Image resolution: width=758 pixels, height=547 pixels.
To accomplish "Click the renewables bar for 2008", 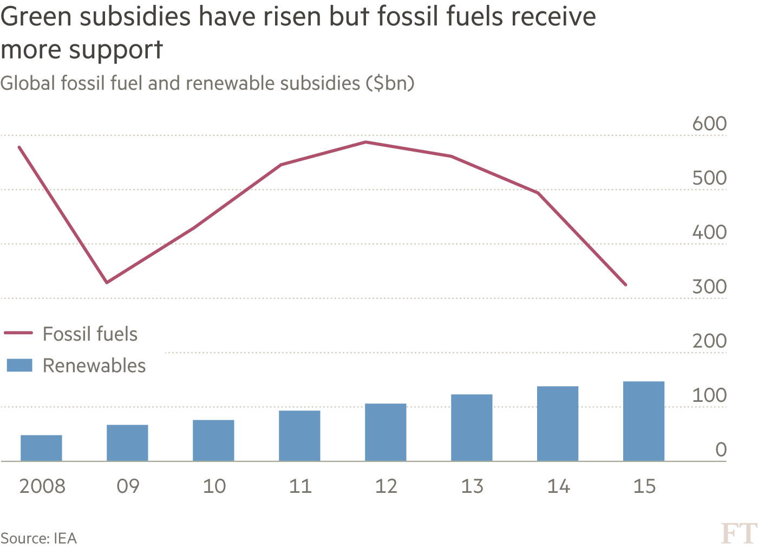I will coord(41,448).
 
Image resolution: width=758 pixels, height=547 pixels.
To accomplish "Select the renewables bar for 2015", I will coord(644,421).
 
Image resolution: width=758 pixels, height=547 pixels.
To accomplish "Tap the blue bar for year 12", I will coord(385,432).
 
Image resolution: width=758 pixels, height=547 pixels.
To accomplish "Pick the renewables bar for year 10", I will coord(213,440).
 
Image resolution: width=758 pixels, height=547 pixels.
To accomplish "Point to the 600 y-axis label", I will coord(709,123).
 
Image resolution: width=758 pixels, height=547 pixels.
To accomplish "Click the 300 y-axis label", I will coord(709,286).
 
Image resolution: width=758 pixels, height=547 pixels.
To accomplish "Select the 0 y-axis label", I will coord(721,450).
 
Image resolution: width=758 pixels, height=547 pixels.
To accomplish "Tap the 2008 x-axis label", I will coord(42,486).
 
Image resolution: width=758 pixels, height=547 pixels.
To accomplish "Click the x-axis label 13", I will coord(472,486).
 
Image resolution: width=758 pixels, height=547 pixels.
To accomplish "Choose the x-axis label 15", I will coord(644,486).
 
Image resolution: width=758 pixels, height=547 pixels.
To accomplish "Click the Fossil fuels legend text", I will coord(90,334).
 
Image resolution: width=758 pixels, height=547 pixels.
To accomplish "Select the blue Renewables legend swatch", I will coord(19,365).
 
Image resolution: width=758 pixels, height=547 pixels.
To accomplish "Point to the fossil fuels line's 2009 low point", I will coord(107,282).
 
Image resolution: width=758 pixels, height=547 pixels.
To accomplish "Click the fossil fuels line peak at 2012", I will coord(366,142).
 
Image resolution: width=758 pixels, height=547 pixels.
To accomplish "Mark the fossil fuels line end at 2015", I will coord(626,284).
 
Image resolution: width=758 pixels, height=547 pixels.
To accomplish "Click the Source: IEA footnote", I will coord(39,538).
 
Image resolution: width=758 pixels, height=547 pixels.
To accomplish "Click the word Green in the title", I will coord(37,17).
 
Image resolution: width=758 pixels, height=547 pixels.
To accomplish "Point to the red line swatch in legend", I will coord(19,333).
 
